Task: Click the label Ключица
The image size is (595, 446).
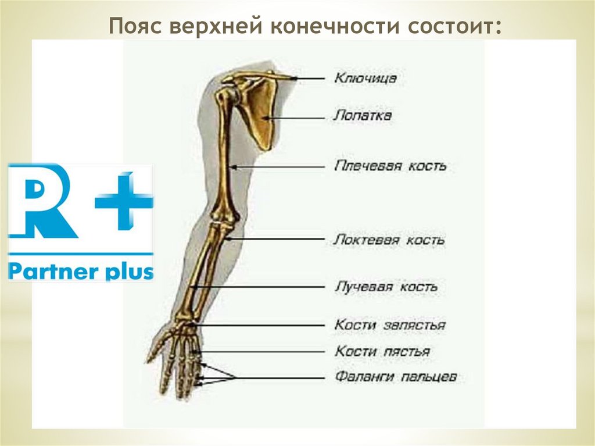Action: click(365, 78)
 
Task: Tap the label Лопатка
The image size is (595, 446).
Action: click(363, 115)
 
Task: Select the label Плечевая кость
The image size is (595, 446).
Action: click(390, 166)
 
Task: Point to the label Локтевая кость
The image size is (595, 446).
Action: click(389, 239)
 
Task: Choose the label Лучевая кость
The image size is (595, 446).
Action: click(386, 287)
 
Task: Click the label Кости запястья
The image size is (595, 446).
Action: click(389, 325)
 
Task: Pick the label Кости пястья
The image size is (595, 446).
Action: click(382, 351)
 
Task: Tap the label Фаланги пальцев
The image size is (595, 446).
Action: click(396, 377)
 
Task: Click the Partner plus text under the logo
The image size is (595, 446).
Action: click(81, 271)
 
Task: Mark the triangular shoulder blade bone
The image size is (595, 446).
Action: click(259, 113)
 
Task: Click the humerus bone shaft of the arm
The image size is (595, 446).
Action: click(223, 157)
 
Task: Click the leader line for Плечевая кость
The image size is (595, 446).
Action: click(279, 167)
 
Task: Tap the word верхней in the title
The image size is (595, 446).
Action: click(217, 27)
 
